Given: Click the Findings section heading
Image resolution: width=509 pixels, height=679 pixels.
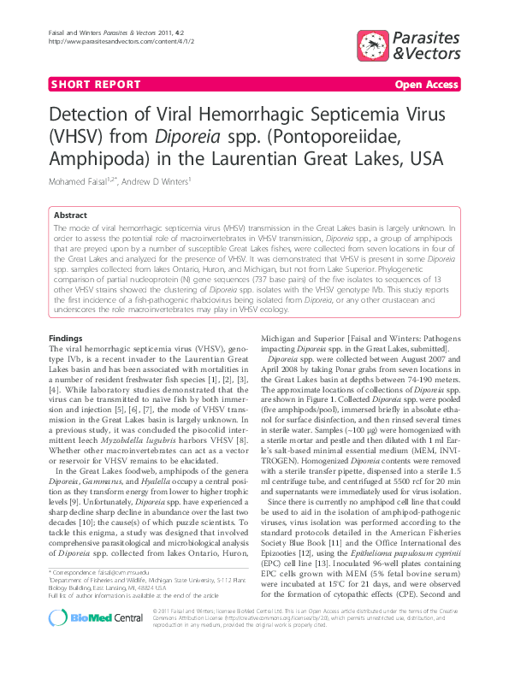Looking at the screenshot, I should [66, 339].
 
